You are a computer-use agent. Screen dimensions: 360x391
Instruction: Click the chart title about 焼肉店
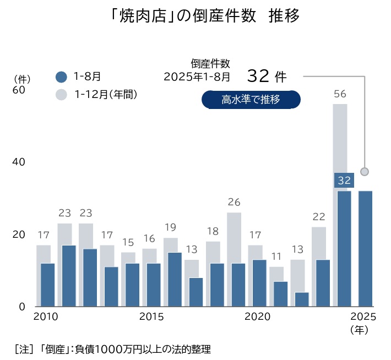(205, 16)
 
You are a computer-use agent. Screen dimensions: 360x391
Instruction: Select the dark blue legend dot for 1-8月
(62, 77)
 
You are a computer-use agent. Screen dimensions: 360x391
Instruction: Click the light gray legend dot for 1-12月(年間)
(62, 95)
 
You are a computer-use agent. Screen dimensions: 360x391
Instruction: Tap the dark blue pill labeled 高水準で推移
(251, 100)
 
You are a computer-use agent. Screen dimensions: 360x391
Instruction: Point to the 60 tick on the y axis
(18, 90)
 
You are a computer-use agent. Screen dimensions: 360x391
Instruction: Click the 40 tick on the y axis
(18, 162)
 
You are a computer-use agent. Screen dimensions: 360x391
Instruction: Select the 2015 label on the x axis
(151, 317)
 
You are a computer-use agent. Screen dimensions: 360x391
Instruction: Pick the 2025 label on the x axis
(363, 317)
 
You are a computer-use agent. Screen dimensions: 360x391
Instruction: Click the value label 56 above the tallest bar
(340, 94)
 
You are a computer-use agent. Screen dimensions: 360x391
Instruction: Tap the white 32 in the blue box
(344, 181)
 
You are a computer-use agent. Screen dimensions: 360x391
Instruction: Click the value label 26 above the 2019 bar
(234, 202)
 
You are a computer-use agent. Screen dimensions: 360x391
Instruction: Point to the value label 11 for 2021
(276, 257)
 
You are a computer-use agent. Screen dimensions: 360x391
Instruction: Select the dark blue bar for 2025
(365, 248)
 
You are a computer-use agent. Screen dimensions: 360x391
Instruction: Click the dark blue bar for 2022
(302, 299)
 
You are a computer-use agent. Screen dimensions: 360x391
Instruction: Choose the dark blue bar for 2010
(48, 285)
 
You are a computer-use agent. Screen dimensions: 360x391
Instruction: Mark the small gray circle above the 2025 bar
(364, 172)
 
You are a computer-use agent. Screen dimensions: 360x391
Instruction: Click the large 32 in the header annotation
(258, 75)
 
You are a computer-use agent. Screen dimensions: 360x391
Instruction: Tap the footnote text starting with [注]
(112, 348)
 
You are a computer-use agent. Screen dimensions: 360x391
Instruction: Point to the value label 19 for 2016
(170, 227)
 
